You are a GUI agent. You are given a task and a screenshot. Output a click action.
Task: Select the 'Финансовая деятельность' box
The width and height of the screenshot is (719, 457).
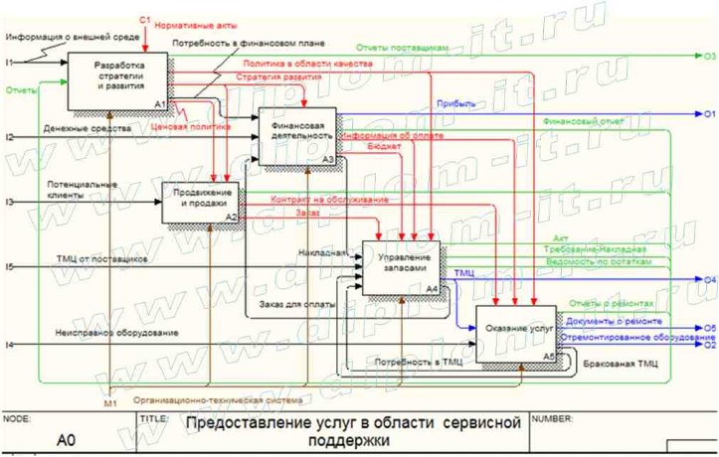(297, 133)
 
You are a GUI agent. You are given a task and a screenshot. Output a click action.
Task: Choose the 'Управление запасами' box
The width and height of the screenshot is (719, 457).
(401, 264)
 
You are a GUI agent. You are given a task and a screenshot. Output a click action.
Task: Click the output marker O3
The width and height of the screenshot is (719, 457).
(709, 57)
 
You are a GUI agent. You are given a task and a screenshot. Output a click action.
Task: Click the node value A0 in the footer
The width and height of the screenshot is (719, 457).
(67, 437)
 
